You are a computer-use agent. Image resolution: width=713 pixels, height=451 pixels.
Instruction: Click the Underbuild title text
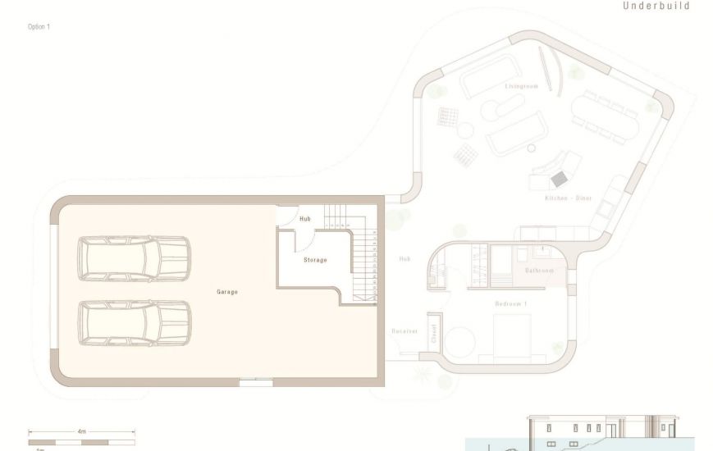pyautogui.click(x=656, y=6)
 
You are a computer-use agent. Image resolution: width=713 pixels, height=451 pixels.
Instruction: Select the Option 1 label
pyautogui.click(x=39, y=27)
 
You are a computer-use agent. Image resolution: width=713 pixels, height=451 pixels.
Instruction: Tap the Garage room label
pyautogui.click(x=227, y=292)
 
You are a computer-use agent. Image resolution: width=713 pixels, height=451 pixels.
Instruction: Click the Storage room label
pyautogui.click(x=315, y=260)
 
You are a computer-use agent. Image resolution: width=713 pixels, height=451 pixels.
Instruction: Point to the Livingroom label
pyautogui.click(x=521, y=86)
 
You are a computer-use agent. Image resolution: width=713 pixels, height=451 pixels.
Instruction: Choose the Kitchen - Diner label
pyautogui.click(x=569, y=198)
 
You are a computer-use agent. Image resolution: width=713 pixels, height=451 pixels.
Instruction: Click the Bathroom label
pyautogui.click(x=539, y=271)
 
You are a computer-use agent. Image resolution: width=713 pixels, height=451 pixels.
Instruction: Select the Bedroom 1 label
pyautogui.click(x=511, y=304)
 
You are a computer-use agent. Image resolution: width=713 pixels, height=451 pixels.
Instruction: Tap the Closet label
pyautogui.click(x=433, y=332)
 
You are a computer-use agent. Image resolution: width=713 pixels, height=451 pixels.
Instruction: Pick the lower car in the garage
pyautogui.click(x=135, y=322)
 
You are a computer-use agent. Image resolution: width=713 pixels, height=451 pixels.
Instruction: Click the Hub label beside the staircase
pyautogui.click(x=305, y=219)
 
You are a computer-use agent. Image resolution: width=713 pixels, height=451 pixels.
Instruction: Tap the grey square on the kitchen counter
pyautogui.click(x=560, y=179)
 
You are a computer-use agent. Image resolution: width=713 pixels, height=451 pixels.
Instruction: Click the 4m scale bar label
pyautogui.click(x=82, y=430)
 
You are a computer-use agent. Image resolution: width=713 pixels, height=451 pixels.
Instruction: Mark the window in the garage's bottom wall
pyautogui.click(x=256, y=381)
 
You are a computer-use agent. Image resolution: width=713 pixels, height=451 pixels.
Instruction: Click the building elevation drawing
pyautogui.click(x=603, y=432)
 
